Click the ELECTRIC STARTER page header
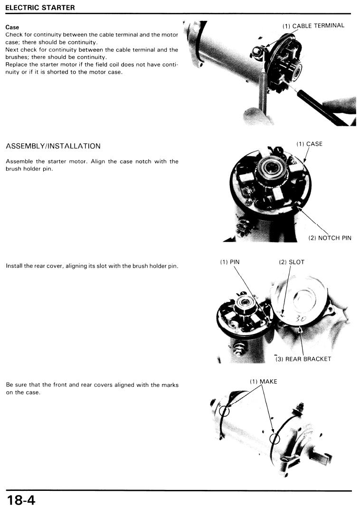pos(40,8)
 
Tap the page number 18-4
pos(21,499)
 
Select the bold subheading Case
pos(12,27)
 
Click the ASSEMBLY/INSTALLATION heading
pos(53,146)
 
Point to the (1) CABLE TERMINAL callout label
pos(313,26)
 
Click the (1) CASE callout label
pos(310,144)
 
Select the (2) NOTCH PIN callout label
pos(330,238)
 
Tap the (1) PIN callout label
pos(230,262)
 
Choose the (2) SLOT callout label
pos(292,262)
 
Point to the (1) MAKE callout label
pos(263,382)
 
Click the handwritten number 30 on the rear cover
pos(301,319)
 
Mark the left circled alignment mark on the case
pos(224,411)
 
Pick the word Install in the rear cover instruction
pos(13,266)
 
